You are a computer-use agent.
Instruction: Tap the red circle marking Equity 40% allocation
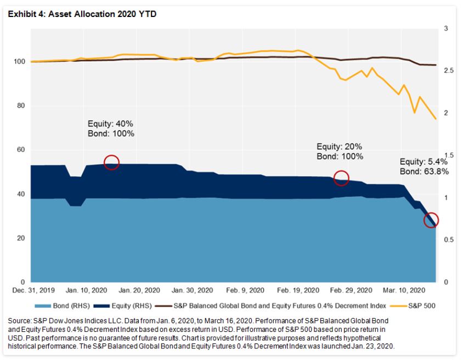111,162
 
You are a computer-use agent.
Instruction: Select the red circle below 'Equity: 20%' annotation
341,179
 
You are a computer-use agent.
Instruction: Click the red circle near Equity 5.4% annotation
431,220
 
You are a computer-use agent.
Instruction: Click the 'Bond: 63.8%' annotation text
424,171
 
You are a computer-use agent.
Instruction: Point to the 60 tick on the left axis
19,150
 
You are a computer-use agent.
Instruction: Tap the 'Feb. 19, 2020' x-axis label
298,290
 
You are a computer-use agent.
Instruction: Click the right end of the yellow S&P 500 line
436,119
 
